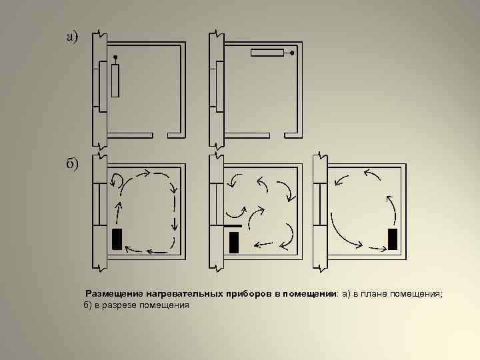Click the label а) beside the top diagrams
point(73,37)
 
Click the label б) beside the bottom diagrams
point(72,163)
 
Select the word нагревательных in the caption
point(185,294)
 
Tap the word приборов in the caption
point(249,294)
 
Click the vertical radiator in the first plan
point(115,81)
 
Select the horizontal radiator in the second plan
point(267,53)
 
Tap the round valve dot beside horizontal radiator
point(292,53)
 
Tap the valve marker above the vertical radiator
point(115,57)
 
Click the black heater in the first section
point(117,239)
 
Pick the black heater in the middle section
point(234,243)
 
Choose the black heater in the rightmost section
point(393,239)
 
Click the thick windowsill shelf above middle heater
point(233,226)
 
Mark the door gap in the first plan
point(160,135)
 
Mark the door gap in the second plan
point(277,135)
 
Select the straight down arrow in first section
point(175,223)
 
